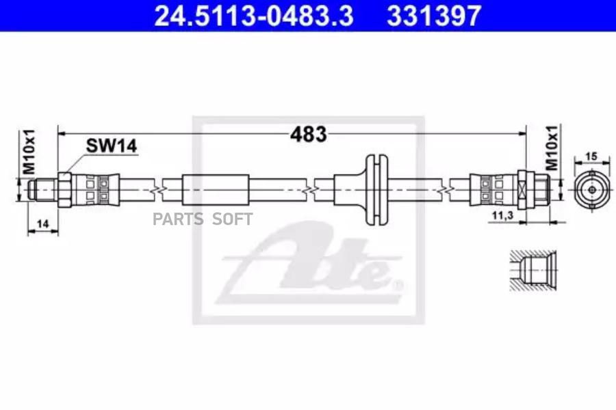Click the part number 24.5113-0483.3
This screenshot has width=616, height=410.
click(254, 16)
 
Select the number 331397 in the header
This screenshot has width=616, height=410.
click(434, 16)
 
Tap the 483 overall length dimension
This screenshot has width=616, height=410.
click(309, 134)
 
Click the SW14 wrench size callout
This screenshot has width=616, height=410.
click(112, 146)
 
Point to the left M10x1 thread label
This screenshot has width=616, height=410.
click(29, 152)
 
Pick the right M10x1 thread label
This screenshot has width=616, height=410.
click(552, 148)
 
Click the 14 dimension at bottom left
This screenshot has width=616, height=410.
click(42, 223)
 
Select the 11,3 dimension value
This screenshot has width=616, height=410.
click(503, 215)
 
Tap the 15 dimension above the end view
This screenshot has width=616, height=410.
click(591, 156)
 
